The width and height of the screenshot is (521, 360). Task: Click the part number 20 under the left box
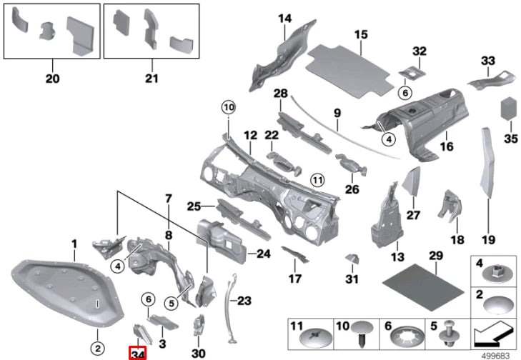point(52,78)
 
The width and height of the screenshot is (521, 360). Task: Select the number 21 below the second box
point(151,78)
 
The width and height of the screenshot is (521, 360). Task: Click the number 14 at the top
point(285,18)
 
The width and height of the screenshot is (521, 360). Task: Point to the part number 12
point(249,135)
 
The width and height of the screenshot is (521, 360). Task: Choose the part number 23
point(244,301)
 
